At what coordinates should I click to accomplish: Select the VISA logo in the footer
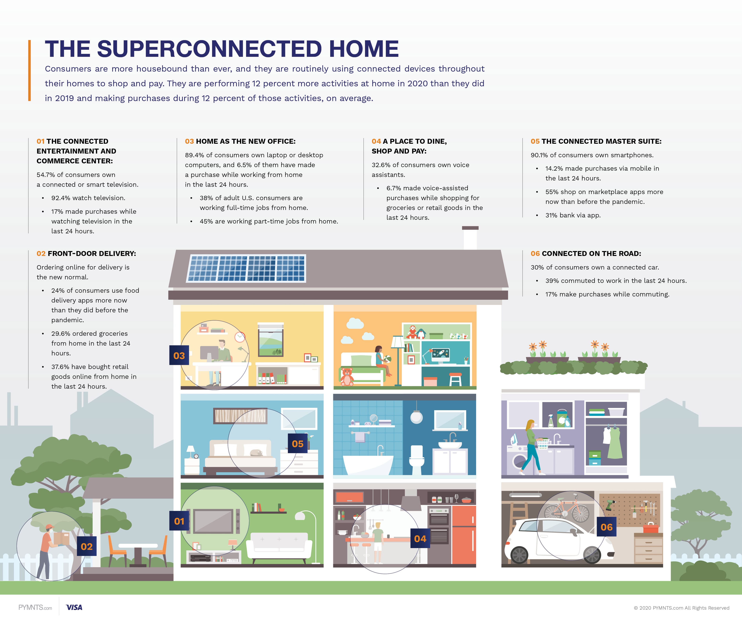[x=74, y=607]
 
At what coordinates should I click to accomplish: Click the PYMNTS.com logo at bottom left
[x=35, y=608]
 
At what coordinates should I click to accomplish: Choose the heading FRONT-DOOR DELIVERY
[x=92, y=254]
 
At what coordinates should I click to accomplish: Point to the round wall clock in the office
[x=240, y=337]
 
